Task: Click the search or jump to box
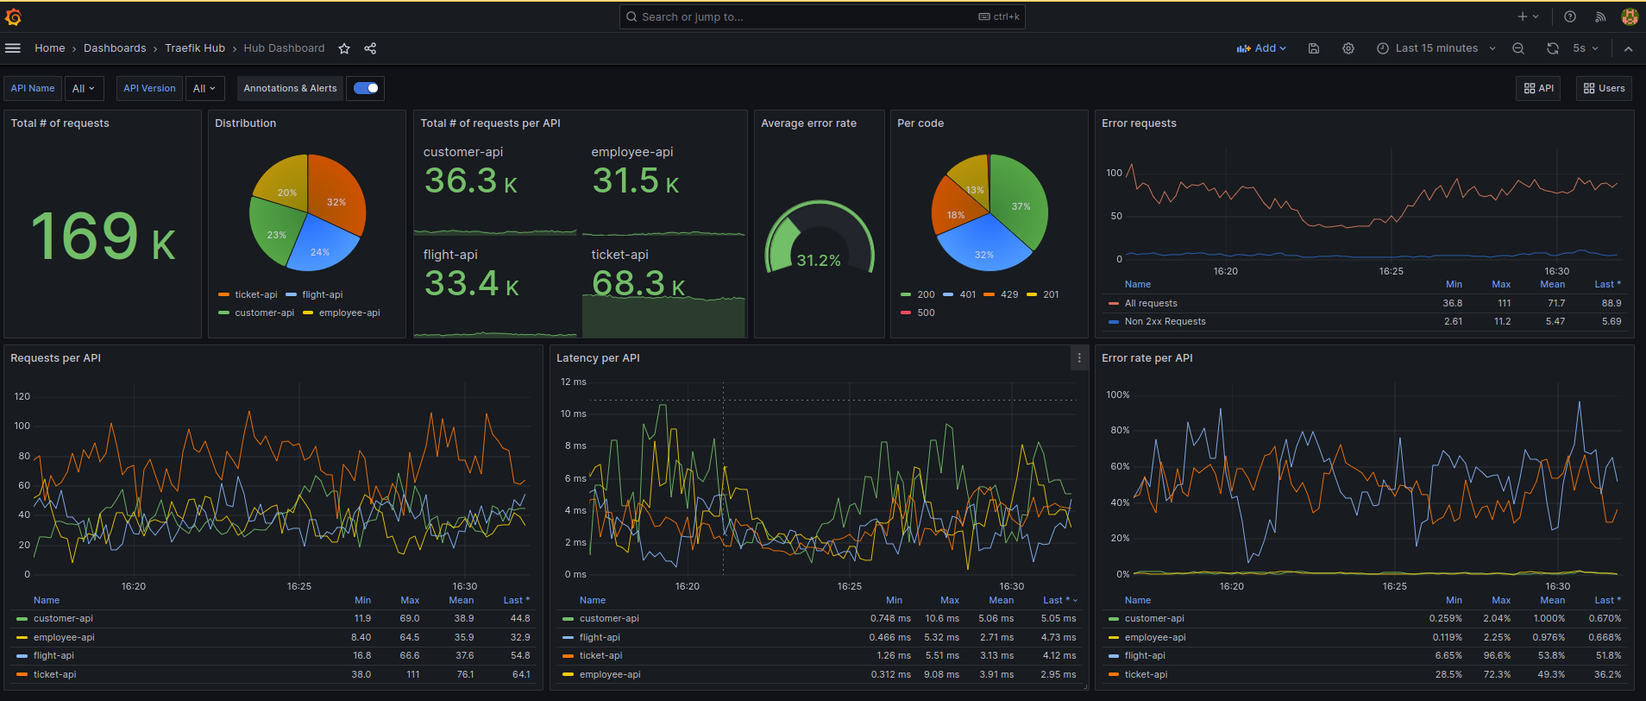coord(820,16)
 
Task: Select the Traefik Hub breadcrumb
coord(195,48)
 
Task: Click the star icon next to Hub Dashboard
coord(344,48)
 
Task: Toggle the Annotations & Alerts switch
coord(366,88)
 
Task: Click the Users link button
coord(1604,88)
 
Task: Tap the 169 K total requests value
coord(103,237)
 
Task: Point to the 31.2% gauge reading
coord(818,260)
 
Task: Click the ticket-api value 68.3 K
coord(638,283)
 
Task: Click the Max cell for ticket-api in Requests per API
coord(412,674)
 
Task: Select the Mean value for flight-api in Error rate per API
coord(1551,656)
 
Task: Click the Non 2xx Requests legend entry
coord(1165,321)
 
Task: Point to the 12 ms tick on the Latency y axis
coord(573,382)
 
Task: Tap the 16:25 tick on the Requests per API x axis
coord(298,586)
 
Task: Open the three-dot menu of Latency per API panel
coord(1078,357)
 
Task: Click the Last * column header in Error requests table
coord(1606,284)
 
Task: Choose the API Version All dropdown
coord(204,88)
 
